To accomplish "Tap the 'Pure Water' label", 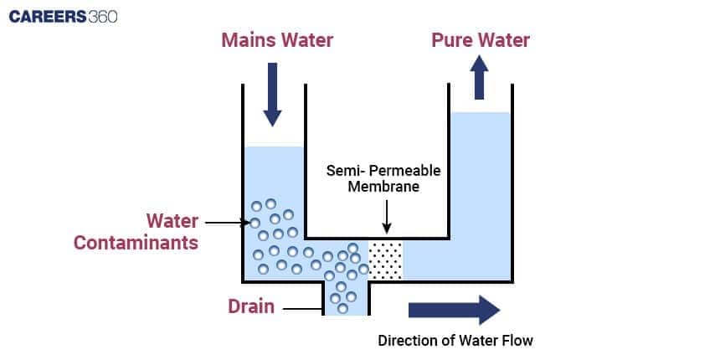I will [x=480, y=40].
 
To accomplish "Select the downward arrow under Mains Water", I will [x=274, y=92].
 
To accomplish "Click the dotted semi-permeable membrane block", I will [x=385, y=260].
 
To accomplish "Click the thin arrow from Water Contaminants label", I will [x=224, y=223].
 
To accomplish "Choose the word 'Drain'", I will [x=251, y=306].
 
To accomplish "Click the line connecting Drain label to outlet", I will [x=301, y=309].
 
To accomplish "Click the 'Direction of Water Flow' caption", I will [x=455, y=341].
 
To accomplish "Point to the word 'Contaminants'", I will [x=136, y=243].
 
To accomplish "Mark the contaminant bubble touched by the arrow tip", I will [x=255, y=223].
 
